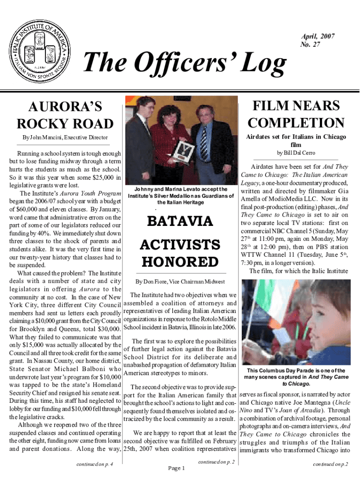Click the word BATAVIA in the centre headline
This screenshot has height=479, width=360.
[180, 221]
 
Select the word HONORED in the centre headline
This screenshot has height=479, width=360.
[180, 261]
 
